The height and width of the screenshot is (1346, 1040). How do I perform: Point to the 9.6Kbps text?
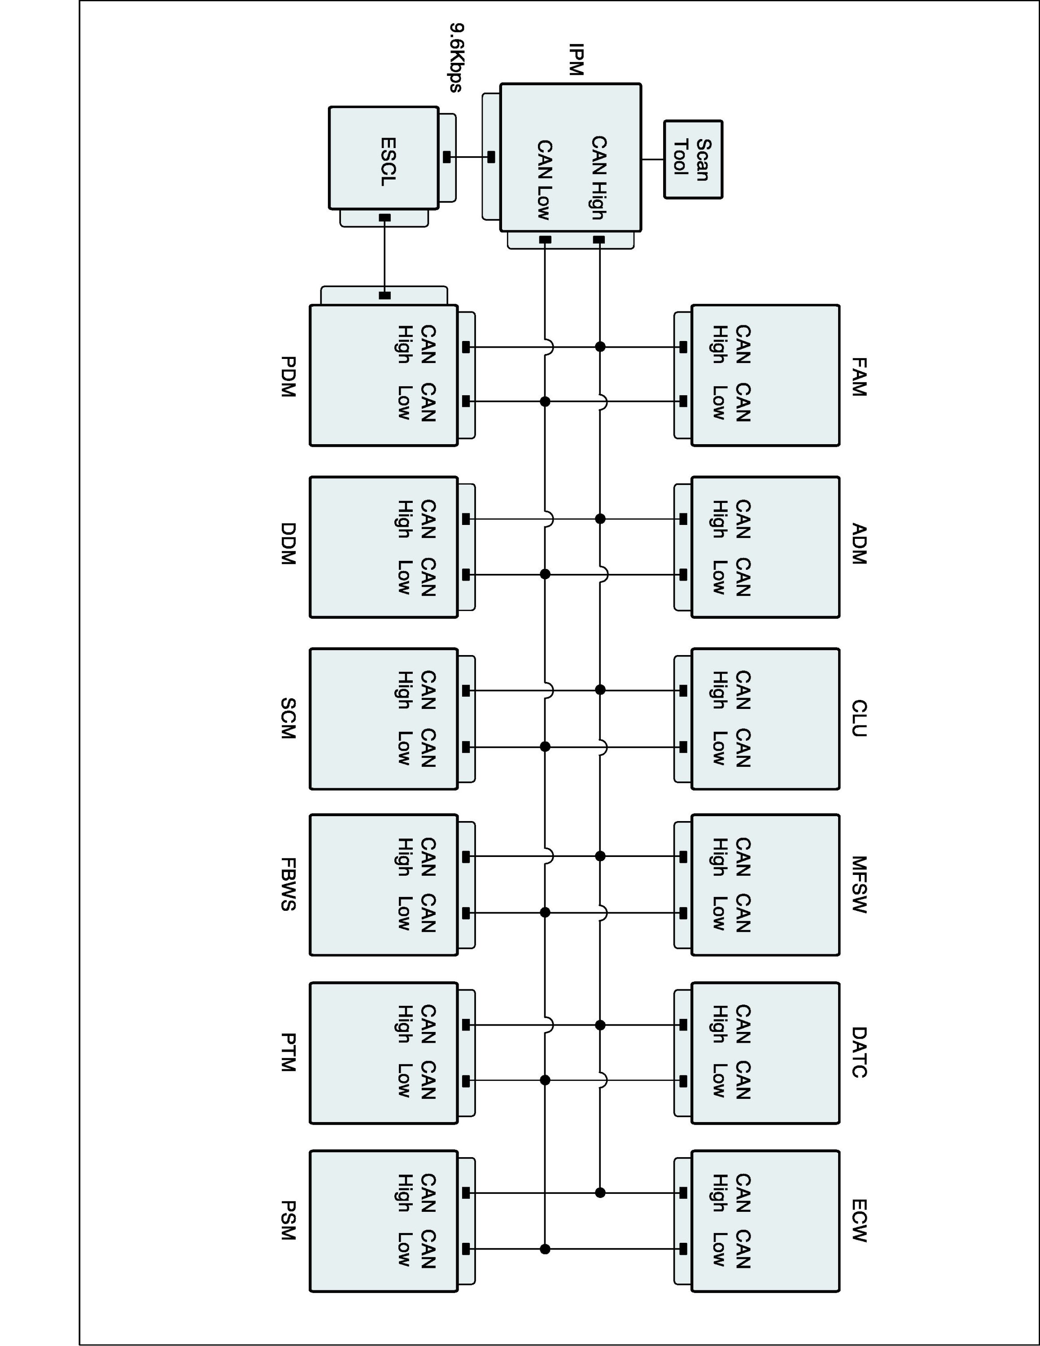pyautogui.click(x=456, y=58)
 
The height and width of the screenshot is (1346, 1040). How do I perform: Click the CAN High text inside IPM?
pyautogui.click(x=599, y=178)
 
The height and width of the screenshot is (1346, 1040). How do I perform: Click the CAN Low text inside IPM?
pyautogui.click(x=544, y=180)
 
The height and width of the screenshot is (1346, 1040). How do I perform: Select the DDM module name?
pyautogui.click(x=288, y=544)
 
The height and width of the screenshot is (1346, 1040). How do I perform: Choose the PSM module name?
pyautogui.click(x=288, y=1220)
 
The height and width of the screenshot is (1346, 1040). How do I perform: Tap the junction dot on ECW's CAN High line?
pyautogui.click(x=600, y=1193)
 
